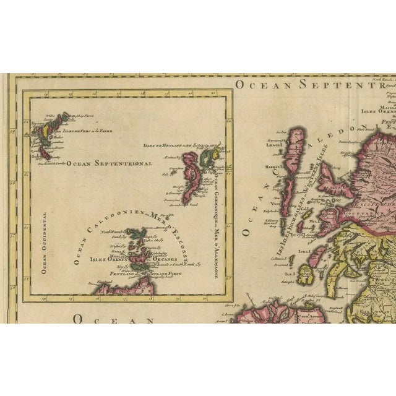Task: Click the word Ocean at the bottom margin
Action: [x=113, y=319]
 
